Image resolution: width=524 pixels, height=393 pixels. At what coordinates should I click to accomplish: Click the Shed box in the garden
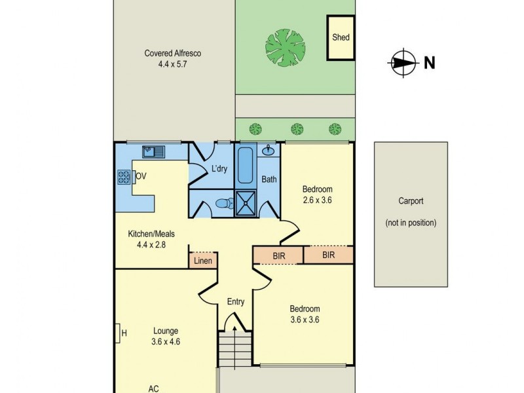[341, 37]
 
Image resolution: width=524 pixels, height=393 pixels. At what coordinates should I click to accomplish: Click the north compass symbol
[401, 63]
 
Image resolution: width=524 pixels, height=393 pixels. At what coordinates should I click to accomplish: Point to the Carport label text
[411, 202]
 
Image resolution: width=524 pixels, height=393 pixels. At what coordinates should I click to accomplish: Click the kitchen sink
[155, 153]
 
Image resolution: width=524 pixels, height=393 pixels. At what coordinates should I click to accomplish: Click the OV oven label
[140, 176]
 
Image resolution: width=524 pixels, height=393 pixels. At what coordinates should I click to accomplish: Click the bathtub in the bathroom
[246, 166]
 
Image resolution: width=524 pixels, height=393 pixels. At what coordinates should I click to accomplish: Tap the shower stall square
[246, 202]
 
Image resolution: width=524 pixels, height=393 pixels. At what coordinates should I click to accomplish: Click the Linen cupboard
[202, 261]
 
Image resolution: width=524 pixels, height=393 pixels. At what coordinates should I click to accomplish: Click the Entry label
[236, 302]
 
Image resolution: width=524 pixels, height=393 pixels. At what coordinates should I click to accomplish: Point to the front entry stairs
[236, 346]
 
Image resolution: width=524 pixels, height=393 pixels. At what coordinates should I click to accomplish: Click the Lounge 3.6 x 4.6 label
[165, 336]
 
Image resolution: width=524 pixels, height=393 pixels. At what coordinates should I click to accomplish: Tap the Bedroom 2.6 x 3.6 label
[318, 195]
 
